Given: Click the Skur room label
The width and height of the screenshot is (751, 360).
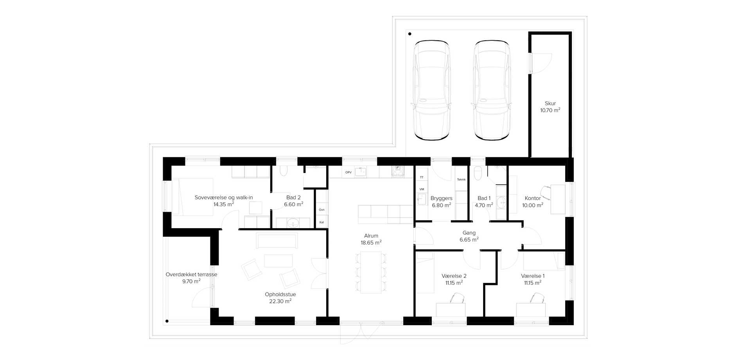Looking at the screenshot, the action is pyautogui.click(x=550, y=104).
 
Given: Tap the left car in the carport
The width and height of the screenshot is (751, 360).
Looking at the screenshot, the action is pyautogui.click(x=432, y=90).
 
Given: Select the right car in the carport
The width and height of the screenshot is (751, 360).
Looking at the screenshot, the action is pyautogui.click(x=492, y=90).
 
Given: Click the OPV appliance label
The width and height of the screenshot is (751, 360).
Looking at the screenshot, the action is pyautogui.click(x=348, y=172).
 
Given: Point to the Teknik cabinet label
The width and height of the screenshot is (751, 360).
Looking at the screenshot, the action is pyautogui.click(x=461, y=180).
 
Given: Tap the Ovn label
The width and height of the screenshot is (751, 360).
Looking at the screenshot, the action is pyautogui.click(x=322, y=210).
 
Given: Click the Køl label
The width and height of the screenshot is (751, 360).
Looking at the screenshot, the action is pyautogui.click(x=322, y=222).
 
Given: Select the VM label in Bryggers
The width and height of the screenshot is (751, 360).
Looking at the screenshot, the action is pyautogui.click(x=422, y=189).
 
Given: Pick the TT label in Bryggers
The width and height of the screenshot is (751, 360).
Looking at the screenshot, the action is pyautogui.click(x=422, y=178).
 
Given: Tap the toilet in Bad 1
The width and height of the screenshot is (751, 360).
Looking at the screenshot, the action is pyautogui.click(x=477, y=173).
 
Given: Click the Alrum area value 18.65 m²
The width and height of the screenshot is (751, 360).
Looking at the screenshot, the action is pyautogui.click(x=371, y=243).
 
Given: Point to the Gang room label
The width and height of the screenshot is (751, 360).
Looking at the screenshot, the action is pyautogui.click(x=469, y=233).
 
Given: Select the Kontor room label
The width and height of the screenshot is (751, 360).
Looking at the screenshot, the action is pyautogui.click(x=533, y=198).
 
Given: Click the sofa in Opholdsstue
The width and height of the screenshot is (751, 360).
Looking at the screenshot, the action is pyautogui.click(x=277, y=241).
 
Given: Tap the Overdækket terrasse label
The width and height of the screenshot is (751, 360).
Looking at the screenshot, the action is pyautogui.click(x=191, y=275).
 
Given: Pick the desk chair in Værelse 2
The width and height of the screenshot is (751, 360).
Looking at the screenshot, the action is pyautogui.click(x=457, y=298).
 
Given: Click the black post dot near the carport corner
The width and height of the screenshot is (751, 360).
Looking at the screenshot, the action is pyautogui.click(x=410, y=34).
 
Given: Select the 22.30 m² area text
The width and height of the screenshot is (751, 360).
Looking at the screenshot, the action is pyautogui.click(x=280, y=301).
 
